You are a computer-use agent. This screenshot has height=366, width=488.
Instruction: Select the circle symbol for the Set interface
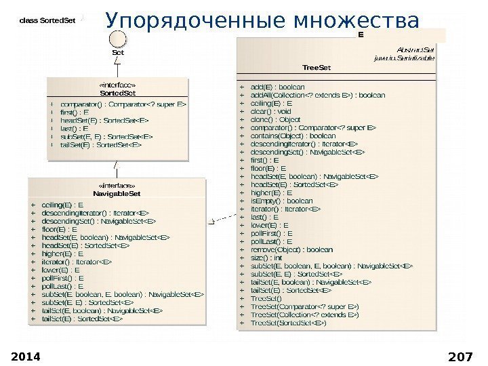118,39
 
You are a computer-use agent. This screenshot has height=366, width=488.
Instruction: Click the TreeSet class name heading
317,68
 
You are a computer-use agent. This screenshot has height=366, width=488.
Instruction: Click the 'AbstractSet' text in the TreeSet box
416,49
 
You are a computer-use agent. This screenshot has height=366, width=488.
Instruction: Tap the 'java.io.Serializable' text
405,58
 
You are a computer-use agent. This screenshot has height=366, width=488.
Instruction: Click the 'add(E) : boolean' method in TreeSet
278,87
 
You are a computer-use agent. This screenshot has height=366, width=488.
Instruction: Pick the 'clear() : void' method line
271,111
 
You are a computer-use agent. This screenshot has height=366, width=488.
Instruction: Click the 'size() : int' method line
266,258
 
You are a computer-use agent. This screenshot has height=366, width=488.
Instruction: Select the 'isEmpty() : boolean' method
282,201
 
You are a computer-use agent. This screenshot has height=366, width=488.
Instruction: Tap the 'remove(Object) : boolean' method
291,249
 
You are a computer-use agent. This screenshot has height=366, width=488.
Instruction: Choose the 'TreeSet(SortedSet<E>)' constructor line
289,323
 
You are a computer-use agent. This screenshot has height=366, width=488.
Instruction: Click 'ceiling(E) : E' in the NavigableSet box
63,204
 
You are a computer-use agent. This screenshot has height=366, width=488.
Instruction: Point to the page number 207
460,357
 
